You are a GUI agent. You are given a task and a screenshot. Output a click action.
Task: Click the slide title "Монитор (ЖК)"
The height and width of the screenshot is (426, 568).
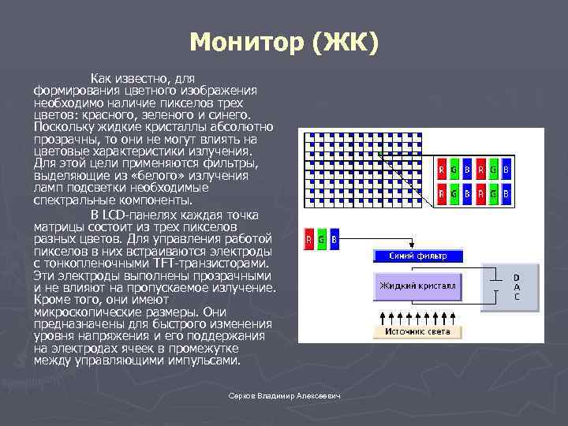coord(284,40)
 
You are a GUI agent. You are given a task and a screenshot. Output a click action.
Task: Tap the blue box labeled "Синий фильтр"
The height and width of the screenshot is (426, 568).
coord(417,256)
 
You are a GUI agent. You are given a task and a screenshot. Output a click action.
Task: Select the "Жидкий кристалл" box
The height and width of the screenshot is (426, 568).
coord(417,286)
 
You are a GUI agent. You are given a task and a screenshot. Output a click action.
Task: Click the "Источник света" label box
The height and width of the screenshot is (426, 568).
coord(417,332)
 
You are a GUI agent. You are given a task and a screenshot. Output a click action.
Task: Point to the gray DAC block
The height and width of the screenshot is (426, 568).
coord(517,287)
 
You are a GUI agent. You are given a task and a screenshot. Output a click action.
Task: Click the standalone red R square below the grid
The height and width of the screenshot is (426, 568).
coord(310,239)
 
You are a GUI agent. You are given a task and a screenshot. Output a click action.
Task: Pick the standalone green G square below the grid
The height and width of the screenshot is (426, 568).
coord(322,239)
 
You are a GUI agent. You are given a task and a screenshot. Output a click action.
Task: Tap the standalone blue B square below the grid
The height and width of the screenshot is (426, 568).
coord(334,239)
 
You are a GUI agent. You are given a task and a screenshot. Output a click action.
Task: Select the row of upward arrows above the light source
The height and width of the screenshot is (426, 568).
coord(417,316)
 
